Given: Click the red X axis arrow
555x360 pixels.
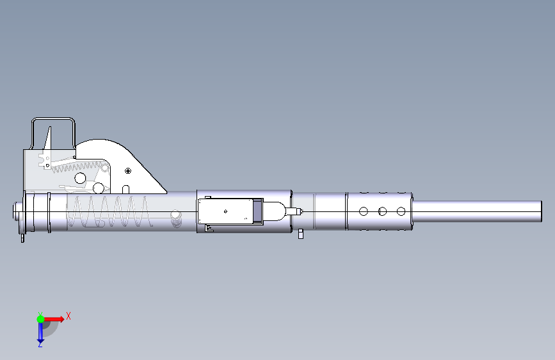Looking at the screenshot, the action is click(54, 319).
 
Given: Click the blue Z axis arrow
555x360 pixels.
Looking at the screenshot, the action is click(40, 333).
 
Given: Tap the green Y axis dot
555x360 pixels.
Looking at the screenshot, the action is click(41, 319).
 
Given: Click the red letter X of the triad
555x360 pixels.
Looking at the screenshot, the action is click(68, 316).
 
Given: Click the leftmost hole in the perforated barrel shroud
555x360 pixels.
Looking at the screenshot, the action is click(364, 211).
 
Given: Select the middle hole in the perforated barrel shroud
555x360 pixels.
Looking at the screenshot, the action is click(382, 211).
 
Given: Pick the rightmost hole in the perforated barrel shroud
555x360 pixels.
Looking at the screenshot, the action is click(401, 211).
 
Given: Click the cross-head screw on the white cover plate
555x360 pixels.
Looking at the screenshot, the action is click(128, 171).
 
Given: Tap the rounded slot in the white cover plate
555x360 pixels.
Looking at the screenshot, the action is click(125, 190).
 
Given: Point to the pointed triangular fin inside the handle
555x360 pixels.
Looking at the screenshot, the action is click(48, 138).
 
